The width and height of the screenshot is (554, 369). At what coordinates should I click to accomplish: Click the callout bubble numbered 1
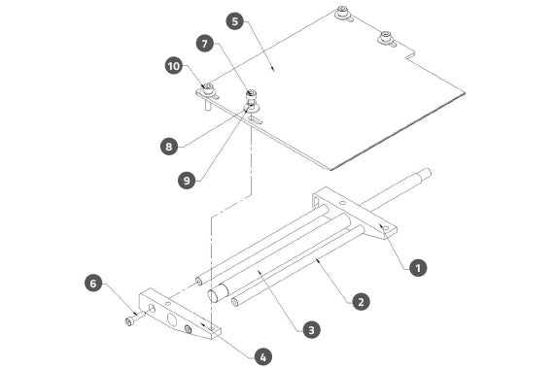(x=418, y=268)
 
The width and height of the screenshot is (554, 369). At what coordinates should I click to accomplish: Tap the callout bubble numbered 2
(x=361, y=302)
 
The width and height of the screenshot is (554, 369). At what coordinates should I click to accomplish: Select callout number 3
(x=311, y=330)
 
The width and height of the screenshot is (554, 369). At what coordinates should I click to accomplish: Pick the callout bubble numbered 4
(x=263, y=357)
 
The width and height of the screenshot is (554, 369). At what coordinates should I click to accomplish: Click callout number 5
(x=235, y=21)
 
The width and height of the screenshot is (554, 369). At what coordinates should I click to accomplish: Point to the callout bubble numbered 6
(x=93, y=284)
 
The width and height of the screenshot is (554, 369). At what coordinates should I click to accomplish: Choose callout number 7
(x=205, y=44)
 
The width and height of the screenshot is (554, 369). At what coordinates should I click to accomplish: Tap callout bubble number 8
(x=169, y=146)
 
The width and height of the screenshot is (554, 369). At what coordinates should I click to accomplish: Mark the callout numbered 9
(x=187, y=180)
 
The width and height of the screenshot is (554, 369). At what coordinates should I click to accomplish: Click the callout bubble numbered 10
(x=174, y=66)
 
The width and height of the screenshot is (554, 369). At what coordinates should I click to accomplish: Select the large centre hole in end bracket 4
(x=172, y=319)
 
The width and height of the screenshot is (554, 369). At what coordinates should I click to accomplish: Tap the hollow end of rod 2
(x=234, y=302)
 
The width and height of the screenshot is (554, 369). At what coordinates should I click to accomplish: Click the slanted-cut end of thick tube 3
(x=217, y=292)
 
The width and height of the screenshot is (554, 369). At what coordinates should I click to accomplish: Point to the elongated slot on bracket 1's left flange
(x=316, y=203)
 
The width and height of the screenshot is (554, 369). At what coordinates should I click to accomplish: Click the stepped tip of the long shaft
(x=425, y=174)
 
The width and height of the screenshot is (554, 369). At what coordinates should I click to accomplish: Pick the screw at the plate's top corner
(x=342, y=13)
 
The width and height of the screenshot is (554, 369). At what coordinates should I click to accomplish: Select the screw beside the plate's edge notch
(x=385, y=37)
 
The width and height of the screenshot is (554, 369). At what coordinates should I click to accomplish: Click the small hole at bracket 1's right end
(x=386, y=228)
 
